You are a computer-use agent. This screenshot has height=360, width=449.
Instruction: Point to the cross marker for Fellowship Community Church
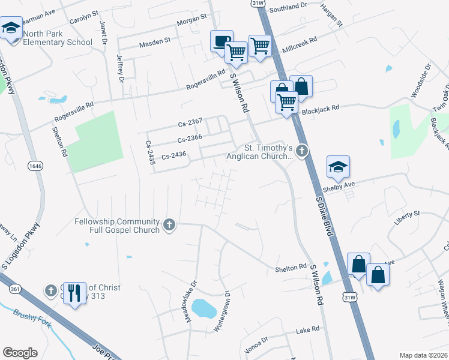(x=170, y=225)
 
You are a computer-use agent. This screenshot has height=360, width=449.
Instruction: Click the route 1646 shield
(x=35, y=165)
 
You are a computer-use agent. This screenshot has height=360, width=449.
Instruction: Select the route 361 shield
(x=15, y=289)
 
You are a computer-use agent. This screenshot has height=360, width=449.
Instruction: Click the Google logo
(x=20, y=353)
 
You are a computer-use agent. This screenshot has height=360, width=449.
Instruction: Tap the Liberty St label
(x=407, y=214)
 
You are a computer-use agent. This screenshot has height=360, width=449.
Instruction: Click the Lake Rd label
(x=307, y=331)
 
